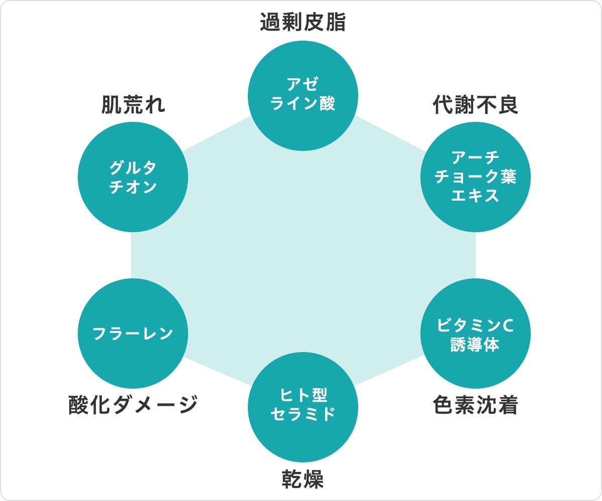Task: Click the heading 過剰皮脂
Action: click(x=303, y=22)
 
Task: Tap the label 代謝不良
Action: click(x=476, y=104)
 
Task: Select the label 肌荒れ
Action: click(x=133, y=104)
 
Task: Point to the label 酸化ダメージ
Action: click(x=133, y=405)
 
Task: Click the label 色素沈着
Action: click(x=476, y=405)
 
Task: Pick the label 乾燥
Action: click(x=303, y=479)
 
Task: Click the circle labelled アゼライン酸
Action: click(x=303, y=96)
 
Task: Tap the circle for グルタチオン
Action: click(x=133, y=177)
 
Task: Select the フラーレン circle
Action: click(x=133, y=333)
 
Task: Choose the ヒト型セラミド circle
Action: click(x=303, y=407)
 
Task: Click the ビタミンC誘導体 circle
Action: click(x=476, y=333)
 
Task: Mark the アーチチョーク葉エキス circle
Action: click(x=476, y=177)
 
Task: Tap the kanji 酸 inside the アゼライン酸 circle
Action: click(x=327, y=103)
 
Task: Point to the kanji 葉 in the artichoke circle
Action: click(x=508, y=177)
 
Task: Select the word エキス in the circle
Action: click(x=475, y=196)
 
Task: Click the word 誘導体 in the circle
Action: click(x=475, y=344)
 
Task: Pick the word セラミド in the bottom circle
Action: click(x=303, y=414)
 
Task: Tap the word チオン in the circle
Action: click(x=133, y=187)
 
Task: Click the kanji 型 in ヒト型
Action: click(x=319, y=395)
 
